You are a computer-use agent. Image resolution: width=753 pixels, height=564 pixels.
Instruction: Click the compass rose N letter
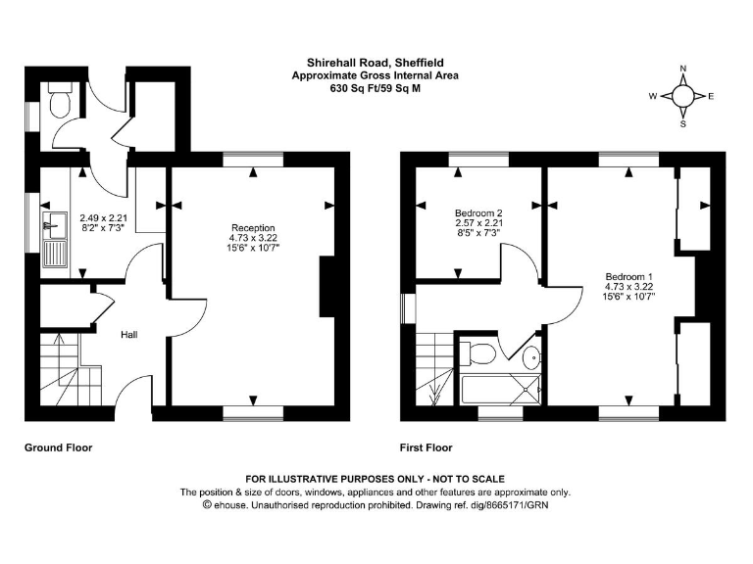pyautogui.click(x=683, y=69)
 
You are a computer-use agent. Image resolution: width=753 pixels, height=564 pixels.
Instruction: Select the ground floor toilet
pyautogui.click(x=58, y=101)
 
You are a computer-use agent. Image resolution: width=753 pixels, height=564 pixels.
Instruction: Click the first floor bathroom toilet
pyautogui.click(x=481, y=352)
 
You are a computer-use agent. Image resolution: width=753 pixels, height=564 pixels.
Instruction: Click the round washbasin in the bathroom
pyautogui.click(x=530, y=356)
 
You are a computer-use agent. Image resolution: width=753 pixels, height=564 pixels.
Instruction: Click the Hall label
pyautogui.click(x=128, y=335)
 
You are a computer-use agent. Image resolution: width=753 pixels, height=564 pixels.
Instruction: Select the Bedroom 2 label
pyautogui.click(x=478, y=212)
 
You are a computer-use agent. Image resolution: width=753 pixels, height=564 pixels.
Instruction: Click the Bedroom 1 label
pyautogui.click(x=628, y=276)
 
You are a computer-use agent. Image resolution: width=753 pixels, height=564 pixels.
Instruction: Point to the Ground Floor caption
pyautogui.click(x=58, y=447)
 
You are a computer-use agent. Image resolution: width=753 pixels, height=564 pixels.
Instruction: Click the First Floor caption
pyautogui.click(x=426, y=447)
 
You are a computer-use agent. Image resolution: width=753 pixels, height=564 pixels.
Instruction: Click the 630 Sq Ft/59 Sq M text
pyautogui.click(x=376, y=88)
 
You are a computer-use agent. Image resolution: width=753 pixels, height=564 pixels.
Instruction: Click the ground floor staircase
pyautogui.click(x=69, y=367)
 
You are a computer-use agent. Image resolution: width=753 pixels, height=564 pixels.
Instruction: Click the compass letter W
pyautogui.click(x=652, y=96)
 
